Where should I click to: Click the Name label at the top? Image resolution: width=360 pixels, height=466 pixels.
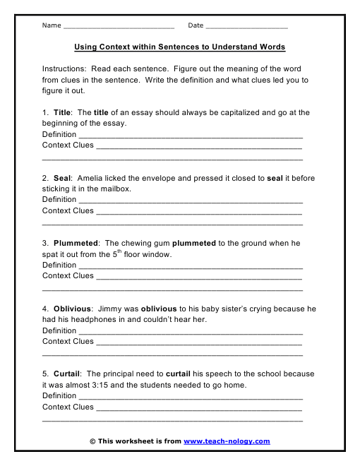pos(52,25)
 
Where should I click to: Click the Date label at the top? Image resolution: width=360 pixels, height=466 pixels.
pos(196,25)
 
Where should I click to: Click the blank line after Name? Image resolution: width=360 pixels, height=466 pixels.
pos(119,27)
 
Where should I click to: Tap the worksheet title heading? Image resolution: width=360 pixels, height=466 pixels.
pos(180,47)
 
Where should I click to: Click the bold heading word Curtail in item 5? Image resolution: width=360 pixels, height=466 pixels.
pos(67,374)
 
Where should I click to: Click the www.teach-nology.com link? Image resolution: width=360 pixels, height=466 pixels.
pos(227,441)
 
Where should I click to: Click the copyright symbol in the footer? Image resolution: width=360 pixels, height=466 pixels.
pos(92,441)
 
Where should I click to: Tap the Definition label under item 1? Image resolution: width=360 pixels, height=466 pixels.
pos(59,134)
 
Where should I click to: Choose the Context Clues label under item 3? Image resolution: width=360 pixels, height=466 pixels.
pos(68,276)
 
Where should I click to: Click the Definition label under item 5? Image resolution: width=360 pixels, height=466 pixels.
pos(59,395)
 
